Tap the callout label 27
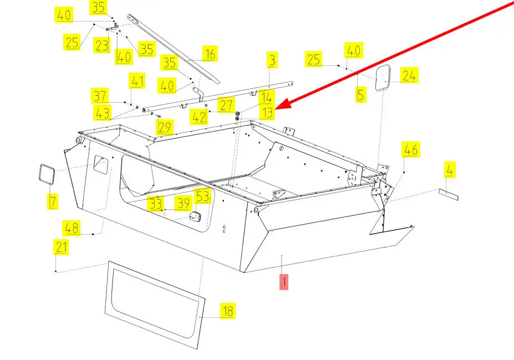tap(226, 105)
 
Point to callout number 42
tap(198, 117)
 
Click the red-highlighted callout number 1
tap(284, 282)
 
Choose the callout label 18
tap(227, 311)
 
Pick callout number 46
tap(411, 149)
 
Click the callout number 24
tap(409, 75)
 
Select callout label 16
tap(209, 54)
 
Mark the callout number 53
tap(203, 196)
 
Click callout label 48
tap(71, 227)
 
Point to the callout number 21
tap(61, 247)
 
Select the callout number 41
tap(136, 82)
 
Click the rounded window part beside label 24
tap(383, 78)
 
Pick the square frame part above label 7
tap(46, 175)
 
